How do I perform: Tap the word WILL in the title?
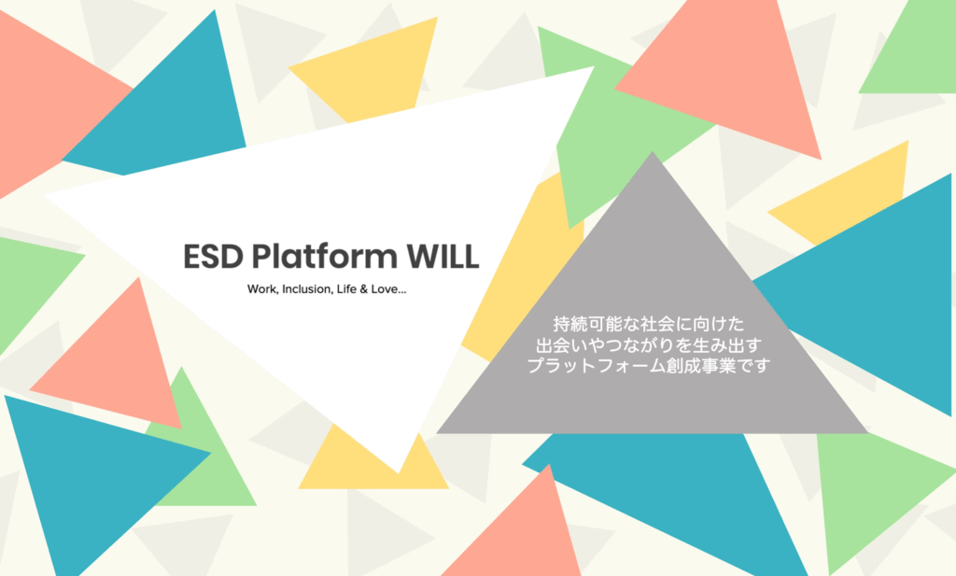pos(443,257)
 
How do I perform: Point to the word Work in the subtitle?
pos(261,289)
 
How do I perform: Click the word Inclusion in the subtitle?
pos(307,288)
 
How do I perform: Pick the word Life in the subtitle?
pos(346,288)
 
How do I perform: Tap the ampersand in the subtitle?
pos(364,289)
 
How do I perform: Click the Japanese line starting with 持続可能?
pos(649,324)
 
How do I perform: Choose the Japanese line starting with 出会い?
pos(649,345)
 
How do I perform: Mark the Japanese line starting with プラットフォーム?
pos(649,366)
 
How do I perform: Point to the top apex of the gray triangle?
pos(653,152)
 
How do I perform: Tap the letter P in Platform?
pos(261,257)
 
